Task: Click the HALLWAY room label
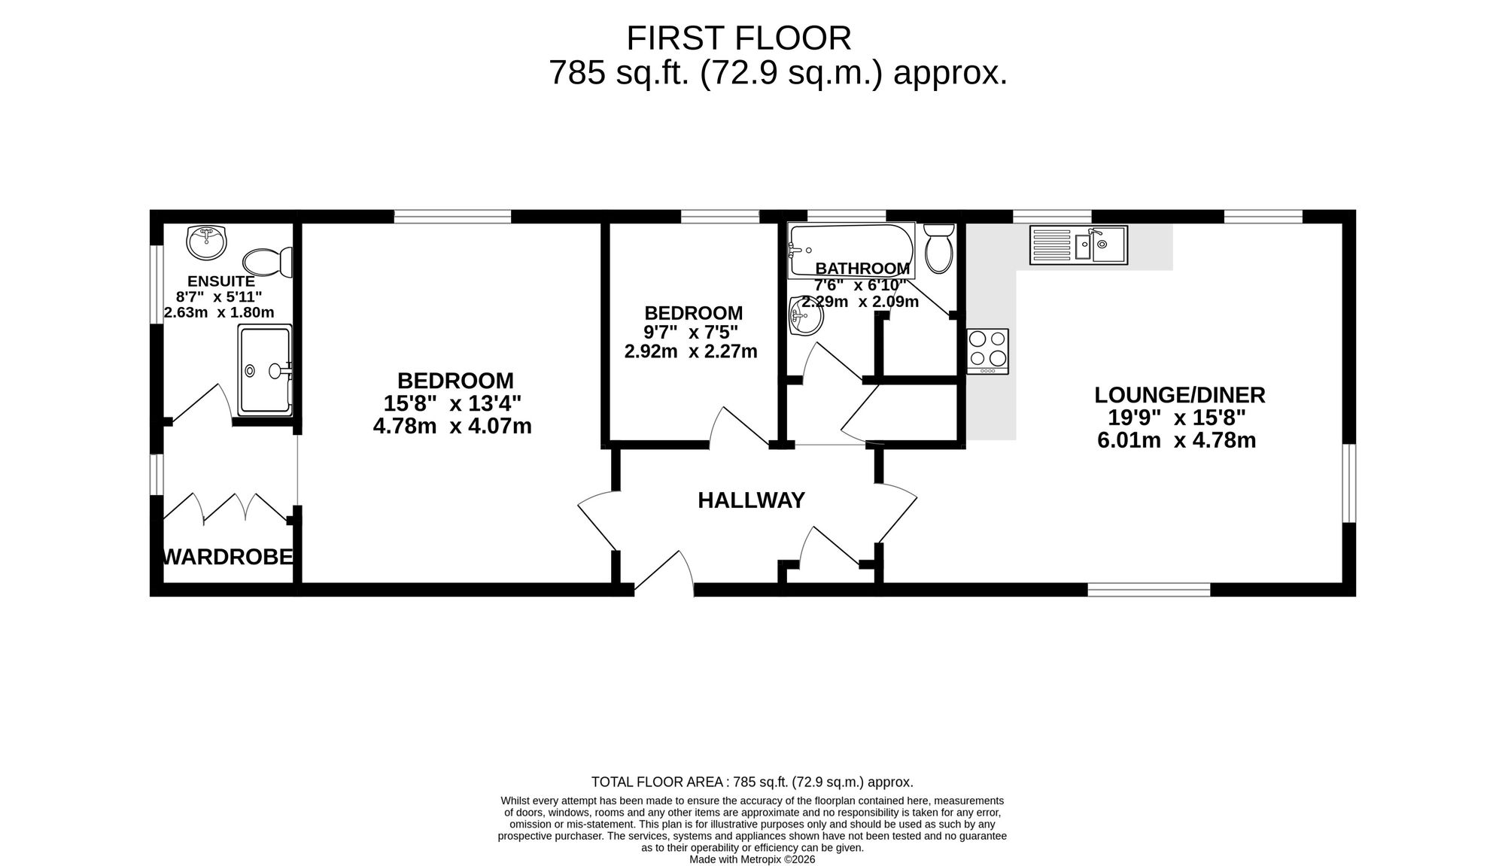[x=751, y=500]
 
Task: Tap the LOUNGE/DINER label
[x=1179, y=394]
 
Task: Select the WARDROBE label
[x=228, y=557]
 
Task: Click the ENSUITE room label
[x=220, y=281]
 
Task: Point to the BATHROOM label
[x=862, y=269]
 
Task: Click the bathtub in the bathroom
[x=851, y=250]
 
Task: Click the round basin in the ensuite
[x=206, y=242]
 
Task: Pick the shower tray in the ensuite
[x=265, y=370]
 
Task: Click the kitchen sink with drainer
[x=1078, y=245]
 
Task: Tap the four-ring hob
[x=988, y=351]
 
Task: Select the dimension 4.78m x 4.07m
[x=452, y=427]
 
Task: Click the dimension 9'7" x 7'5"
[x=691, y=332]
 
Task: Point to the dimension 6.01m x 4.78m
[x=1177, y=440]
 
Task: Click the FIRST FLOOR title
[x=739, y=38]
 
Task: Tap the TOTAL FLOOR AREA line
[x=752, y=782]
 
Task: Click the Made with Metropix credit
[x=752, y=859]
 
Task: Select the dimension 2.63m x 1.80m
[x=219, y=312]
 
